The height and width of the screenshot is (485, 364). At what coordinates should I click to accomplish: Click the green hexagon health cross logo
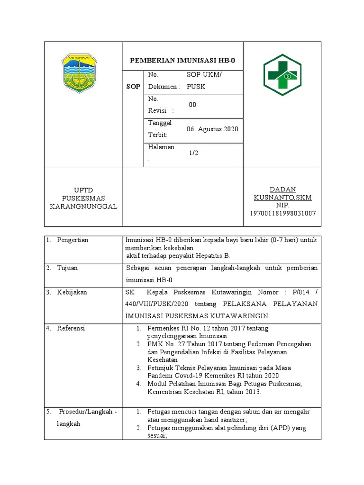(282, 74)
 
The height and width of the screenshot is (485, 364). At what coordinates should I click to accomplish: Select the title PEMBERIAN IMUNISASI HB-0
(182, 61)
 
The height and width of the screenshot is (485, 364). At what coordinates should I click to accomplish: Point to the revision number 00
(192, 105)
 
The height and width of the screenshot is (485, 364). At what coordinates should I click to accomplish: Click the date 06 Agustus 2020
(212, 129)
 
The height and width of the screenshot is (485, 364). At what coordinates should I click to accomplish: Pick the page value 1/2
(193, 153)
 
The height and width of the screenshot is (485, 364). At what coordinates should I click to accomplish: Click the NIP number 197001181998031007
(282, 214)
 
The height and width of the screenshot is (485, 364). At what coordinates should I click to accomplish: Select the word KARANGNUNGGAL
(83, 207)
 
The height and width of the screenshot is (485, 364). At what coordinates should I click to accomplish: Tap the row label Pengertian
(73, 240)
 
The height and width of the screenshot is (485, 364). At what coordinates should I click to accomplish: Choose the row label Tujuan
(67, 268)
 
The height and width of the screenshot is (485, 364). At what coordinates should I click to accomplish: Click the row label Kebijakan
(72, 292)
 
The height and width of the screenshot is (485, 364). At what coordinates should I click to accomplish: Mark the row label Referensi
(71, 328)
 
